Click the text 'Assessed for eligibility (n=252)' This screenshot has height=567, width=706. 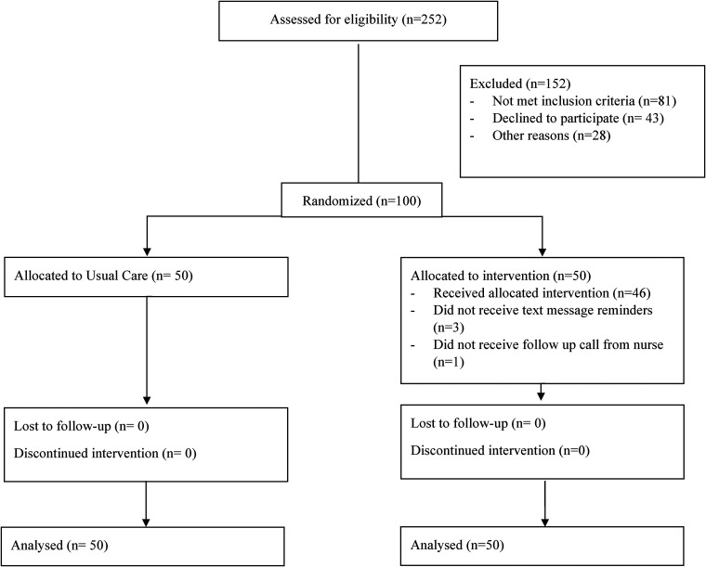click(358, 19)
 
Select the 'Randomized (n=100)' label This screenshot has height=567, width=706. click(361, 200)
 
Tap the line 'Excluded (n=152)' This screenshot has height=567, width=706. click(520, 84)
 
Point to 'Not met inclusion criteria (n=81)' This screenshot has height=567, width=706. click(584, 101)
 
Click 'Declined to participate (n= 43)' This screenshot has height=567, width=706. click(578, 118)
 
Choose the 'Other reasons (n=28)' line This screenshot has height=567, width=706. click(551, 135)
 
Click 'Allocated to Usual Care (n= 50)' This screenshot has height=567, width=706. click(103, 276)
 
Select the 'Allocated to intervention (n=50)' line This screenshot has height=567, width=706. click(501, 276)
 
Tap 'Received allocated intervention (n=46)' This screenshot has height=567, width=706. click(542, 293)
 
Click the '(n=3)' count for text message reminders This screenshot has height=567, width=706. click(449, 328)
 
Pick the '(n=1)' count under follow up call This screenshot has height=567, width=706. click(449, 362)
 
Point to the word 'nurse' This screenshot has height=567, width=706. click(647, 345)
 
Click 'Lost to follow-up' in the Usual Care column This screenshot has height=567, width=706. click(62, 426)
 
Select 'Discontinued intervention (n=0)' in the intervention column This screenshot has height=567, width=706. click(500, 451)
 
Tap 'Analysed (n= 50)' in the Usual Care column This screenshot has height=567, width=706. click(59, 546)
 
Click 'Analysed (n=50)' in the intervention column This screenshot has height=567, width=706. click(457, 546)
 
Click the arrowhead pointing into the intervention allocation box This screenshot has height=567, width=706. click(543, 251)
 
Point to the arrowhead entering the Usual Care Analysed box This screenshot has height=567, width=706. click(146, 522)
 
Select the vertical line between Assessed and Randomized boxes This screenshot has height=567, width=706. click(359, 113)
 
